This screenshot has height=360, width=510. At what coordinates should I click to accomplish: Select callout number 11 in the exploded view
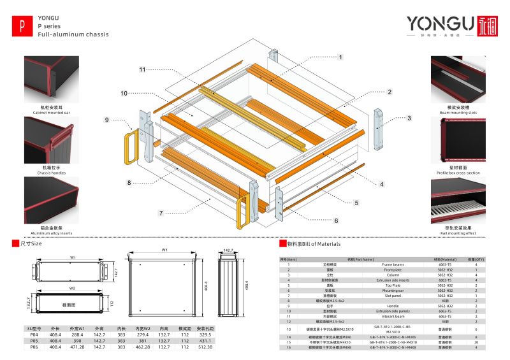point(143,68)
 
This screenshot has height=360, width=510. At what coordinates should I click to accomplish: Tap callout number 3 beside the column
point(409,118)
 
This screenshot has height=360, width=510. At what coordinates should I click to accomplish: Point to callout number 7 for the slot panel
point(161,212)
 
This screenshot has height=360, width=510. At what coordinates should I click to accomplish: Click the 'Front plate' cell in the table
point(393,270)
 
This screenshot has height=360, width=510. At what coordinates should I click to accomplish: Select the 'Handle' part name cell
point(393,305)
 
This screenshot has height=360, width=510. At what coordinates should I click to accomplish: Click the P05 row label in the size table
point(34,341)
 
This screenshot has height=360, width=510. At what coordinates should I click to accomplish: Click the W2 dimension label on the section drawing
point(73,288)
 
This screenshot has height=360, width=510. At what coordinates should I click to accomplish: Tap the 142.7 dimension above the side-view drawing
point(227,251)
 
